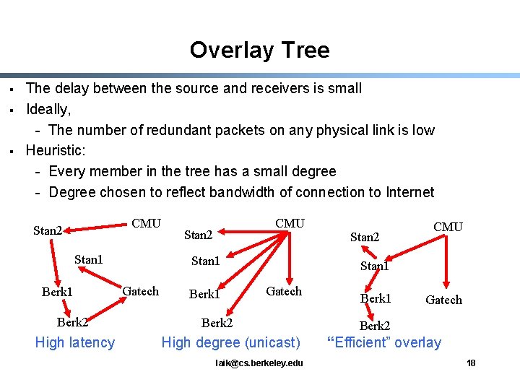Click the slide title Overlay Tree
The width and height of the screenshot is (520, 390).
coord(259,50)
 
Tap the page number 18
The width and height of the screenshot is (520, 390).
coord(471,363)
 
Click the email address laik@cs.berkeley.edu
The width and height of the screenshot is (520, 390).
coord(259,363)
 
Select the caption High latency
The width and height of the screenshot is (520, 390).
coord(75,342)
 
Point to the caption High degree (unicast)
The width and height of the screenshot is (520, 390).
coord(230,342)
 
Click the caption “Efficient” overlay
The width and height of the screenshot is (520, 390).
coord(384,342)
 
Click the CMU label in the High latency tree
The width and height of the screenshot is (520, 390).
coord(147,223)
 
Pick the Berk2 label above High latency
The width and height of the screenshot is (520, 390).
coord(72,322)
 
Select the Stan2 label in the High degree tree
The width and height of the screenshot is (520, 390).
coord(198,235)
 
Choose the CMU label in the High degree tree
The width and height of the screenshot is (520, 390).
coord(290,223)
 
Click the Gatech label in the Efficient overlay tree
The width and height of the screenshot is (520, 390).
coord(443,300)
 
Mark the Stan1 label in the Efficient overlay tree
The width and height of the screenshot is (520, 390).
coord(374,266)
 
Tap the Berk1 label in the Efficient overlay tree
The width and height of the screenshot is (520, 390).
coord(376,298)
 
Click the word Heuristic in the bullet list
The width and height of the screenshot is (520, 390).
coord(55,151)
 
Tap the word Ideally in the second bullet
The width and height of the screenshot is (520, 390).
coord(48,109)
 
